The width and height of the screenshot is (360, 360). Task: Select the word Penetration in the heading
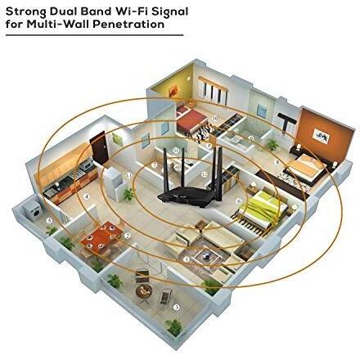128,24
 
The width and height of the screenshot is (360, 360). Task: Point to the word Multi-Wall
58,24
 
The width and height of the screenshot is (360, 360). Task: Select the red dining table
101,236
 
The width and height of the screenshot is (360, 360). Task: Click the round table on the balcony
143,291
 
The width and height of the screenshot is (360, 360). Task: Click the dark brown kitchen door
98,148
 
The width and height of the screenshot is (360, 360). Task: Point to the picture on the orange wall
322,136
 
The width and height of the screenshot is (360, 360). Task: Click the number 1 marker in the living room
187,259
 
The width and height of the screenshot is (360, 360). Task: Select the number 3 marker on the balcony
177,308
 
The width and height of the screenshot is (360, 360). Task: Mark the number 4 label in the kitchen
87,196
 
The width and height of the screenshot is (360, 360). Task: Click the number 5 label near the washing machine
49,220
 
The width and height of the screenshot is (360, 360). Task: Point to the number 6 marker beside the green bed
239,201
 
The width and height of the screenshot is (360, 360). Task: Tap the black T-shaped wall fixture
286,122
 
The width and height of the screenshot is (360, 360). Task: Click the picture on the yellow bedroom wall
173,90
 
